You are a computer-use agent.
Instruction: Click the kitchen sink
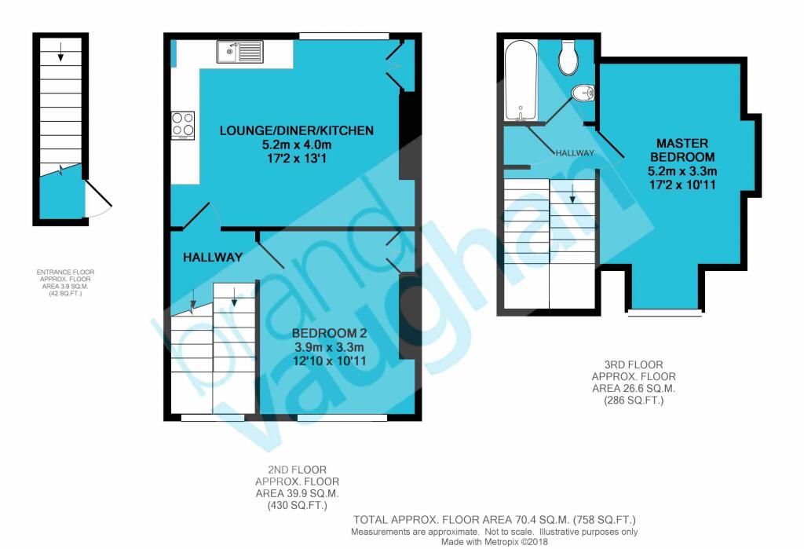tap(239, 53)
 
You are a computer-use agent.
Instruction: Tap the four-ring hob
tap(183, 124)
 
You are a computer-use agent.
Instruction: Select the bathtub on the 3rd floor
tap(520, 79)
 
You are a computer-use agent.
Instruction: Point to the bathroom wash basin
tap(583, 94)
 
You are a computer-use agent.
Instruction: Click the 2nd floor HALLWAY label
tap(213, 257)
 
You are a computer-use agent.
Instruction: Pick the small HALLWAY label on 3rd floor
tap(575, 152)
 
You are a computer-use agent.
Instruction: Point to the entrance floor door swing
tap(98, 200)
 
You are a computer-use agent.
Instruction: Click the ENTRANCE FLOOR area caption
tap(70, 284)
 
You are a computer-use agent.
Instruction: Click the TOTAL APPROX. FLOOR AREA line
tap(495, 520)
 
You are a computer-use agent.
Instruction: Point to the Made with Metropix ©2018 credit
tap(495, 542)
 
